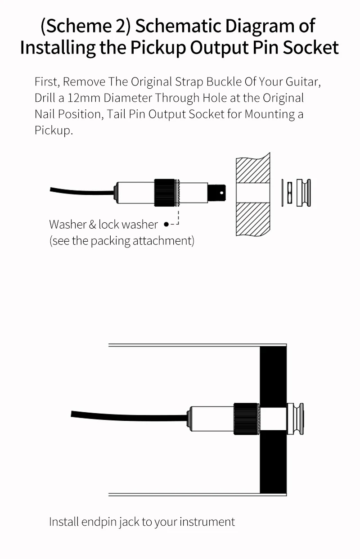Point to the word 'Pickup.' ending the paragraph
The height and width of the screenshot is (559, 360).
tap(54, 131)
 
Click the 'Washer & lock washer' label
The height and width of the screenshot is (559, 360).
tap(103, 224)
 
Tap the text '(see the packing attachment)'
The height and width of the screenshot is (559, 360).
tap(121, 241)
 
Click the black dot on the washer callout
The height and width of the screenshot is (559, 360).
tap(166, 224)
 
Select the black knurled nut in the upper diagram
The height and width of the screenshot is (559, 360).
tap(164, 193)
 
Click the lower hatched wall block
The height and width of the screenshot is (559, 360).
tap(253, 218)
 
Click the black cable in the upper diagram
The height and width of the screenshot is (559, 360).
tap(81, 191)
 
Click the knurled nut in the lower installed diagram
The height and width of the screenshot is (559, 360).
tap(246, 419)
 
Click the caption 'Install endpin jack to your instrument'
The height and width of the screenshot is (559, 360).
tap(142, 522)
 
